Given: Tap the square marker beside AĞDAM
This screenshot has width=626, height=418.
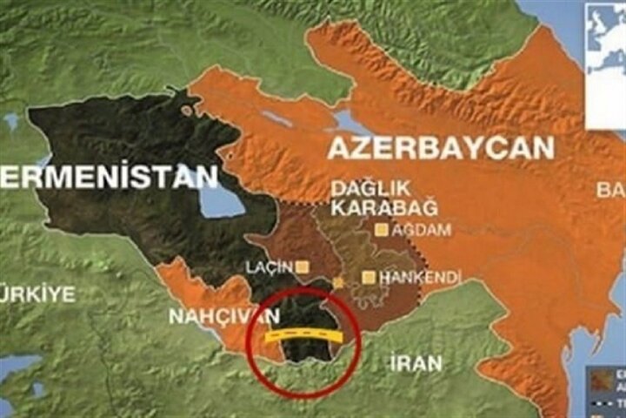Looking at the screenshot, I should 381,231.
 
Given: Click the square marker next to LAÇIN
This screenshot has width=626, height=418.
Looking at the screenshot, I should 303,266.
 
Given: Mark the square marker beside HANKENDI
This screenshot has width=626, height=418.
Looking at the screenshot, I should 369,278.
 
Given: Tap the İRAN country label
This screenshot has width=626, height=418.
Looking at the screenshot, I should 416,362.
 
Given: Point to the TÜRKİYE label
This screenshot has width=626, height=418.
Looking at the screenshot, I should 38,293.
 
